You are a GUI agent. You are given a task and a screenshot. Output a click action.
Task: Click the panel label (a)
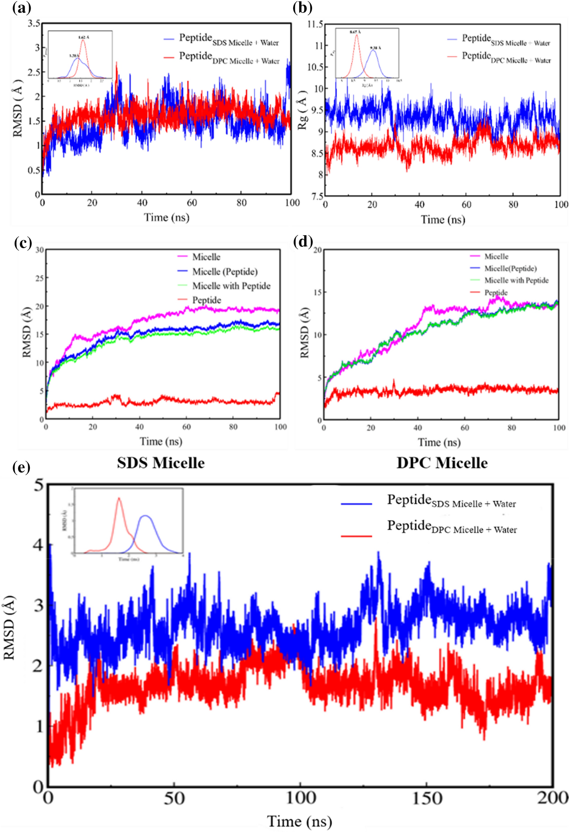tap(21, 8)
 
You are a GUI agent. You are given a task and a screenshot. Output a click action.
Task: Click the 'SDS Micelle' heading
tap(160, 463)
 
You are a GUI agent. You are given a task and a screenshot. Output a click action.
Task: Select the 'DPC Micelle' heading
tap(442, 463)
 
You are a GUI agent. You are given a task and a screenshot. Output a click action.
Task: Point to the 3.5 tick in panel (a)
tap(34, 23)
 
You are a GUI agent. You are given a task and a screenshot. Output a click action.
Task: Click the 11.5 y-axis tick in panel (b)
tap(315, 24)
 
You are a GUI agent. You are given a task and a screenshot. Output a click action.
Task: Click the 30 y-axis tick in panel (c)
tap(40, 250)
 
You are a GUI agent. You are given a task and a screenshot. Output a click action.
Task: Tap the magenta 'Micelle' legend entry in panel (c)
tap(206, 257)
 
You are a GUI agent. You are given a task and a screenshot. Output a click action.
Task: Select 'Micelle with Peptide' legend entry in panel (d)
tap(516, 280)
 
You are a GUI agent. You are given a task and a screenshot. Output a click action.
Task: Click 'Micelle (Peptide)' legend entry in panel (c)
tap(225, 271)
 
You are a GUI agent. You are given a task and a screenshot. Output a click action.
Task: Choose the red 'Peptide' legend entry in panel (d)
tap(496, 292)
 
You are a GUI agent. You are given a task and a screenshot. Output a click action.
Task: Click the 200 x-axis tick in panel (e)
tap(552, 798)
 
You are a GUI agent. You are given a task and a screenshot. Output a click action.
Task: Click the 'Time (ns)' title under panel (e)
tap(299, 821)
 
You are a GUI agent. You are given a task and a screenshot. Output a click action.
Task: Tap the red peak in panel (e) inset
tap(119, 499)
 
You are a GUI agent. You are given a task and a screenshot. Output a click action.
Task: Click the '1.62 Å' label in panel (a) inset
tap(83, 37)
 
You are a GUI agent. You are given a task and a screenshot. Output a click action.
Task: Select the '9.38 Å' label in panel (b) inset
tap(375, 48)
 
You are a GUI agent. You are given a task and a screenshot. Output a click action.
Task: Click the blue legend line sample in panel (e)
tap(356, 504)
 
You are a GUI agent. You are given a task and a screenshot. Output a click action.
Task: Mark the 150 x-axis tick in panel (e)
tap(426, 798)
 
